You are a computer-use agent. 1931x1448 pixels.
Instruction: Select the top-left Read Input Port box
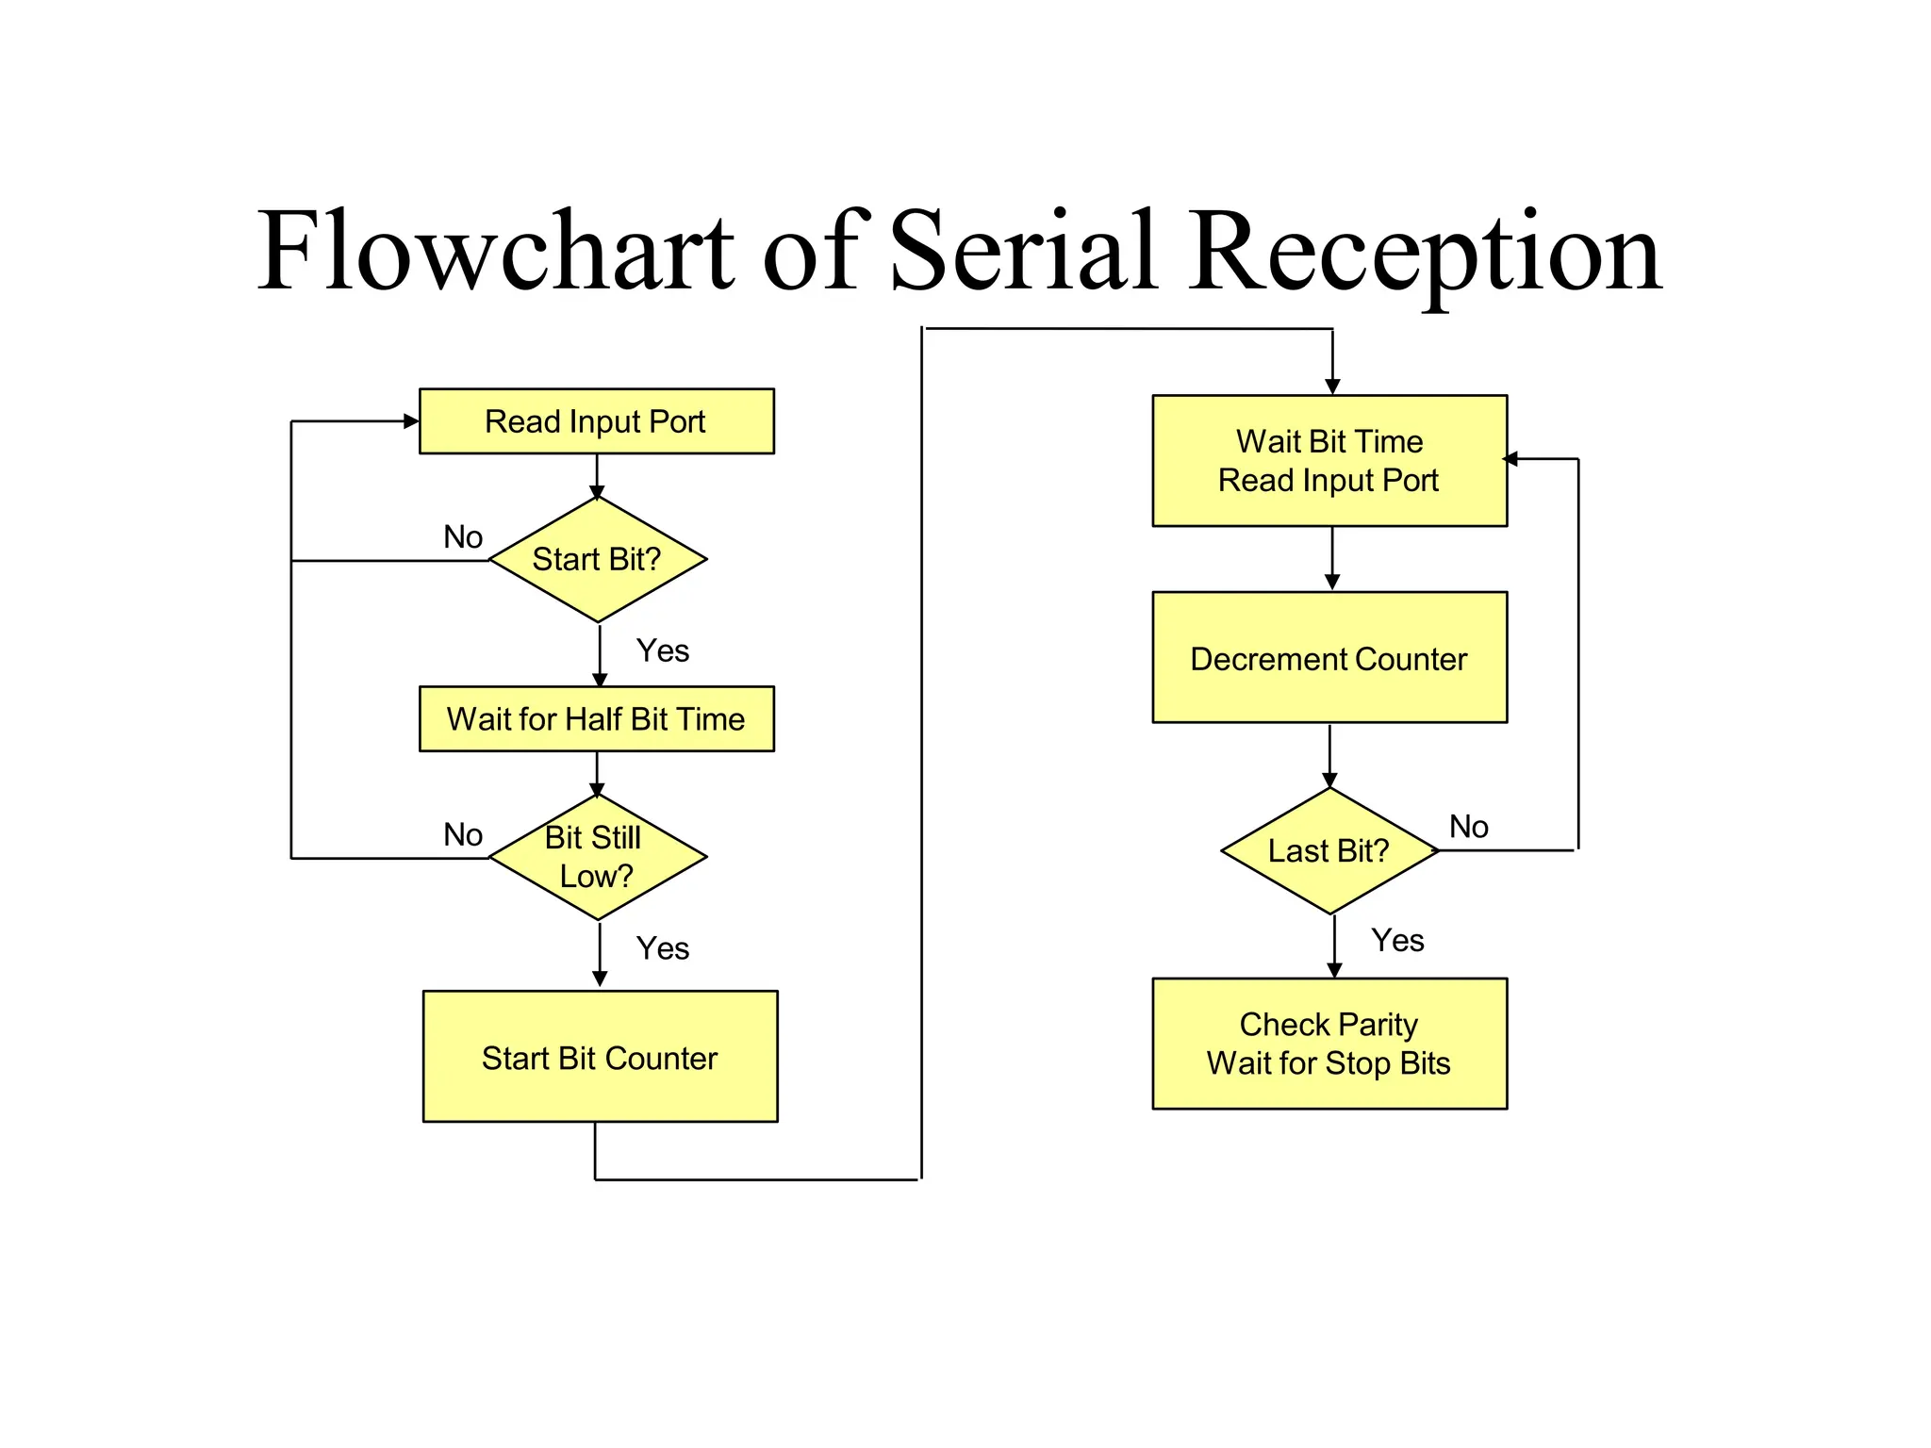pos(596,421)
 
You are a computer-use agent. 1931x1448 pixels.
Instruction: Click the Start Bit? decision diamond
pos(598,559)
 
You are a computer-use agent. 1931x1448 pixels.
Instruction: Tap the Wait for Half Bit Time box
pos(596,719)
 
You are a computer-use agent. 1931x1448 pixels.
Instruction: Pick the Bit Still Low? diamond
pos(598,857)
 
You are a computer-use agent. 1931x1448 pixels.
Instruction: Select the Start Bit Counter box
pos(600,1057)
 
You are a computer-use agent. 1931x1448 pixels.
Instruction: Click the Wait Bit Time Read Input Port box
pos(1329,461)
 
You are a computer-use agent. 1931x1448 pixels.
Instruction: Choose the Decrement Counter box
pos(1329,658)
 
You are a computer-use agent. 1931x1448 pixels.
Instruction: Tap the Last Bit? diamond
pos(1329,851)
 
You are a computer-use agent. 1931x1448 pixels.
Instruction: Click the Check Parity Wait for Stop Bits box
pos(1329,1044)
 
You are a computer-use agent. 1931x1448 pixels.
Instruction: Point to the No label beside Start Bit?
pos(463,537)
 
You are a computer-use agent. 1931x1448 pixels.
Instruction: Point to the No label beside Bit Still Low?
pos(463,835)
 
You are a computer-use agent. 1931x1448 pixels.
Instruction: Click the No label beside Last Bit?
pos(1468,827)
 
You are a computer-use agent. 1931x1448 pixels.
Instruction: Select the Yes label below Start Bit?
pos(662,650)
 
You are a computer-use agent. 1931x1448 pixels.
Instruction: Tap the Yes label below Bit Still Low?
pos(662,948)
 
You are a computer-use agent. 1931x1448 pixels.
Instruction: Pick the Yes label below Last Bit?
pos(1397,941)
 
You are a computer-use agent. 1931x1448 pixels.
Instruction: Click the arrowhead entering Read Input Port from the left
pos(411,421)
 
